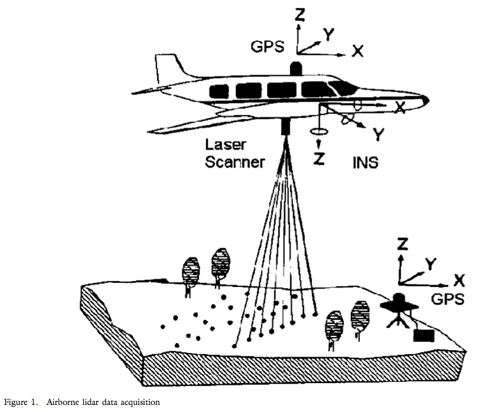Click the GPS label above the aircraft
pos(268,47)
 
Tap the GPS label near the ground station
pos(447,299)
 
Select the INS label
pos(365,163)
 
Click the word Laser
pos(226,145)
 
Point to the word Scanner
pos(235,162)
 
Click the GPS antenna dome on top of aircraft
pos(296,68)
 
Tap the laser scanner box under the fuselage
pos(285,127)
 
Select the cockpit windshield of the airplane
pos(343,87)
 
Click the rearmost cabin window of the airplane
pos(219,91)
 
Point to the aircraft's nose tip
pos(427,100)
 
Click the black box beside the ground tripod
pos(424,336)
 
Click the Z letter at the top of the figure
pos(300,15)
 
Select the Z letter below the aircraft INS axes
pos(319,159)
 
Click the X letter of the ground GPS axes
pos(459,280)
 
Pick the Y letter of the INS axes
pos(379,135)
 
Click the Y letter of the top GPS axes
pos(329,34)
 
